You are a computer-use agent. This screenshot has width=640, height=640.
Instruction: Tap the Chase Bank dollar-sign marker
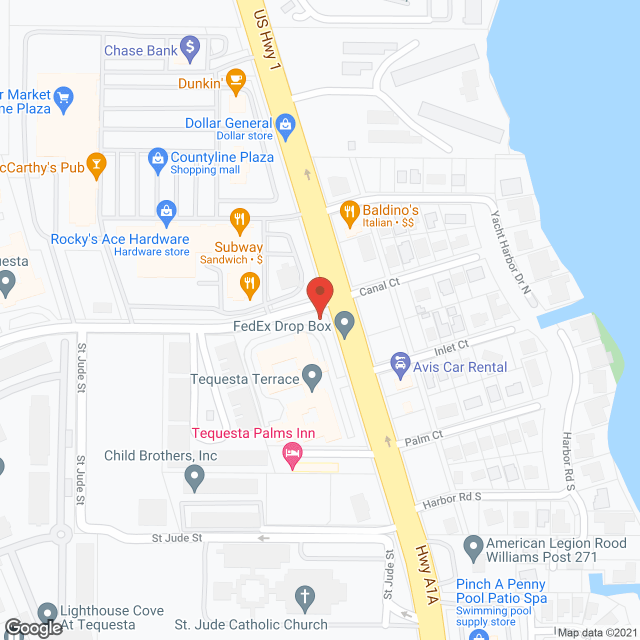(x=190, y=48)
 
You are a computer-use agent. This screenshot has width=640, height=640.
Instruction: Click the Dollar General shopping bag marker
(x=285, y=126)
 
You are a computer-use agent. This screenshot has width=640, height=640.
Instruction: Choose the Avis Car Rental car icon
(x=400, y=364)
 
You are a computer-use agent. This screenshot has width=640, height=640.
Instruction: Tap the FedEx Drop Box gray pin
(x=344, y=323)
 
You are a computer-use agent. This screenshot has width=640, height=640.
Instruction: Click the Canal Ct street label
(x=380, y=286)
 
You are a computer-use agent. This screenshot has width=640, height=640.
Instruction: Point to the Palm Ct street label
(x=423, y=438)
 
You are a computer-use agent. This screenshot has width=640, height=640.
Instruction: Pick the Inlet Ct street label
(x=451, y=347)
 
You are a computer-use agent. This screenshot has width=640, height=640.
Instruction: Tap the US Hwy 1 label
(x=267, y=40)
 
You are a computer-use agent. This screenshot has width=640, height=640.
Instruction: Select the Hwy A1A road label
(x=428, y=575)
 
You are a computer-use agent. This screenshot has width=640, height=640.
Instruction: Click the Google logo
(x=34, y=628)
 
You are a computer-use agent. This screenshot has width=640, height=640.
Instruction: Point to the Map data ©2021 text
(x=597, y=632)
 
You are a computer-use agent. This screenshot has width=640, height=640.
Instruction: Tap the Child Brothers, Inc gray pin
(x=194, y=477)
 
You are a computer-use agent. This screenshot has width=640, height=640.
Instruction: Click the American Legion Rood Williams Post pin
(x=473, y=547)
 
